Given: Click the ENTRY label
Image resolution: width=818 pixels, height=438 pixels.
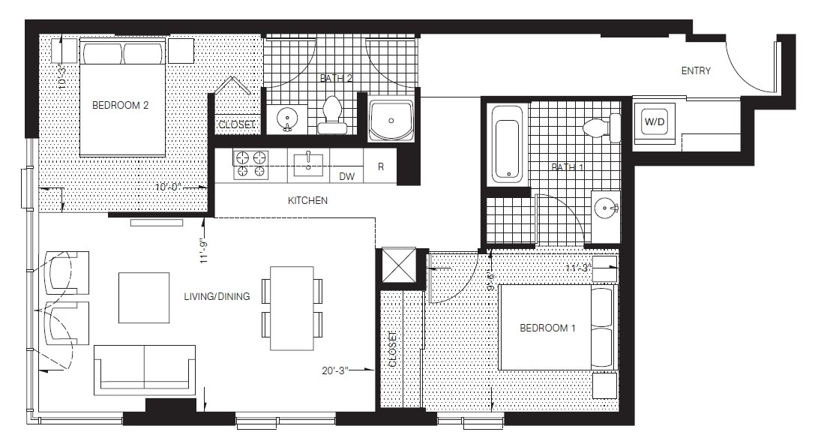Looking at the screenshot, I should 695,71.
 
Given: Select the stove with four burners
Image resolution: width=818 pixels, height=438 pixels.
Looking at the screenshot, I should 251,164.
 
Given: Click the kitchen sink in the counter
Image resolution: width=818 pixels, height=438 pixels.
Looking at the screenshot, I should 308,163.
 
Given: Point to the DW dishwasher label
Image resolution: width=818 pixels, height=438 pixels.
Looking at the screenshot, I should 346,177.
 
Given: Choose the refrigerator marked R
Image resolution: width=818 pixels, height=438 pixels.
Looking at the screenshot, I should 381,166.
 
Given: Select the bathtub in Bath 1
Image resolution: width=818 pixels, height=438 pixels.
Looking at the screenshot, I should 508,144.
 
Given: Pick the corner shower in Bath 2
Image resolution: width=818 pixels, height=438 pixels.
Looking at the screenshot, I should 391,118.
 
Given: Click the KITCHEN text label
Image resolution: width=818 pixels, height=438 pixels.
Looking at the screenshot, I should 307,201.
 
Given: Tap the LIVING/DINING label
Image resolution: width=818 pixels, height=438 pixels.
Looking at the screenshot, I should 217,297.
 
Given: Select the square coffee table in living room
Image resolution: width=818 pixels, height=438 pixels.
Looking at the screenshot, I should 144,298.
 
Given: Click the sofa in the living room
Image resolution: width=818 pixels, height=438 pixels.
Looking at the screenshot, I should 145,369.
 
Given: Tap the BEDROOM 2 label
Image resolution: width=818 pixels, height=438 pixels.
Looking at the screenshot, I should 120,106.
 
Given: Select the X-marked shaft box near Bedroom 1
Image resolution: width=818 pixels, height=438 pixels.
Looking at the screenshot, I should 397,265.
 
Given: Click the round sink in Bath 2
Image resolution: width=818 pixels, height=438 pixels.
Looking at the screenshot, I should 286,118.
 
